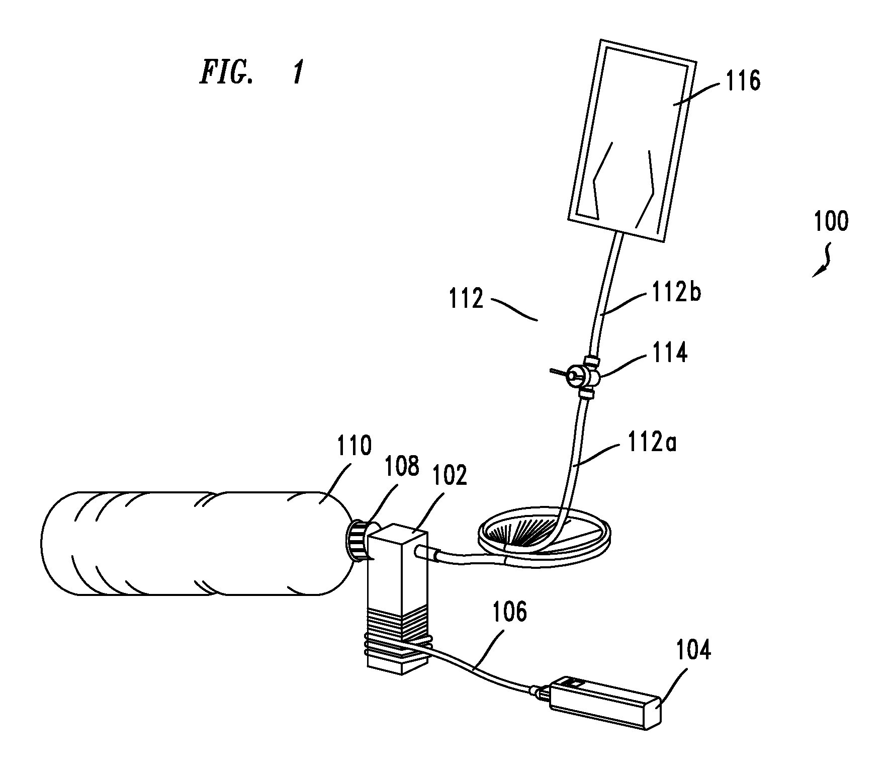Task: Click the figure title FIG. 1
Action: tap(252, 73)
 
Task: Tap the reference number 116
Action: tap(742, 81)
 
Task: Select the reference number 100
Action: tap(831, 221)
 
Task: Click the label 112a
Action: tap(652, 445)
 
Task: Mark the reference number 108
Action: tap(401, 466)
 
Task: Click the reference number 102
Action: tap(449, 474)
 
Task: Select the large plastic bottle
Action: tap(196, 543)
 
